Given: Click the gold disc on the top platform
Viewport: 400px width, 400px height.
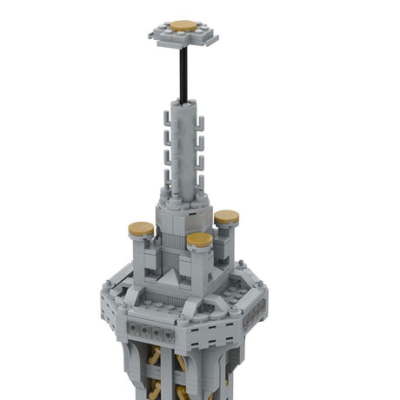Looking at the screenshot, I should click(183, 26).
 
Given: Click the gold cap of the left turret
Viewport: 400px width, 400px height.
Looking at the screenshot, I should click(141, 230).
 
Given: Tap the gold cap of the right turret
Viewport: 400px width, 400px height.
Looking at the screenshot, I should click(227, 217).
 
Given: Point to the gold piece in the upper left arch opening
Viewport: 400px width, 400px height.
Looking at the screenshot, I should click(155, 356).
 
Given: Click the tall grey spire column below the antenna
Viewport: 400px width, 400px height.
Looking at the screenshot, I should click(183, 148).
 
